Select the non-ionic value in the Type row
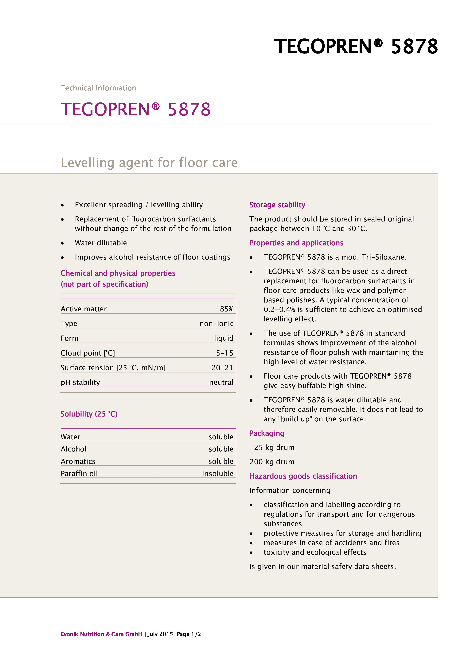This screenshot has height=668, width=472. [216, 324]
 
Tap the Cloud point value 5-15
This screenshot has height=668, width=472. [224, 353]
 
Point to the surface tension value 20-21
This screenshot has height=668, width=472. [222, 368]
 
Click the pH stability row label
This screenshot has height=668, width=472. [80, 382]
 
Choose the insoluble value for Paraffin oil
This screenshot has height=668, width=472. [217, 473]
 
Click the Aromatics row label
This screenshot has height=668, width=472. [78, 461]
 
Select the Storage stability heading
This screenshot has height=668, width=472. [277, 205]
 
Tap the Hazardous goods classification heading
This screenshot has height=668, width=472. [303, 476]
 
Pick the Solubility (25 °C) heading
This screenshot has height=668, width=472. [89, 414]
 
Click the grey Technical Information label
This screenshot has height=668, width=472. [98, 88]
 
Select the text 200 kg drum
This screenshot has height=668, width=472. [272, 462]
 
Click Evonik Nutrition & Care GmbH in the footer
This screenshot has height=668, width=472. [101, 634]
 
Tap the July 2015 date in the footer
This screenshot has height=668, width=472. [160, 634]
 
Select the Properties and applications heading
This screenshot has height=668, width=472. [296, 243]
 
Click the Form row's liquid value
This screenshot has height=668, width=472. [224, 338]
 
